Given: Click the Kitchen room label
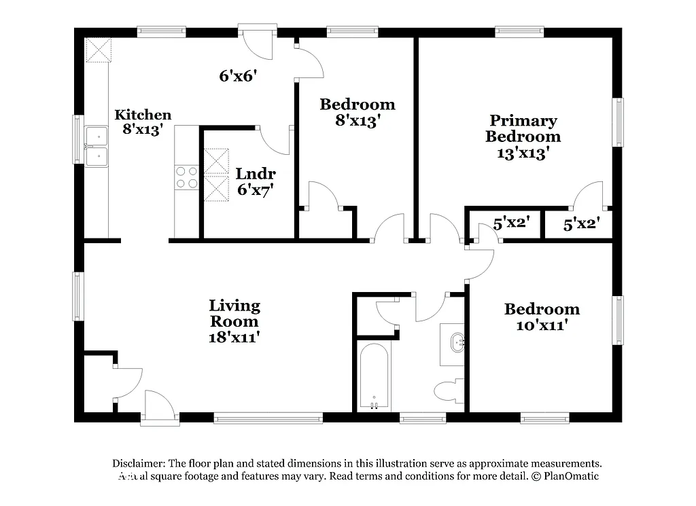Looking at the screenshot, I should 143,115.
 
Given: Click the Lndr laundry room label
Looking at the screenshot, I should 256,174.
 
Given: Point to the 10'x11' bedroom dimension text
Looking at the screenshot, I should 541,325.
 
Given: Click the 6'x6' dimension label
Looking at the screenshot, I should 237,76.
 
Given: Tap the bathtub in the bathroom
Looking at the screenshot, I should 373,377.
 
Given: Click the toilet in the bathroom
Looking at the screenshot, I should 449,391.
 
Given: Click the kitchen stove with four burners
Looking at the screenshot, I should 187,177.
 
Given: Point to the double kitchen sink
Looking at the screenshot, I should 96,147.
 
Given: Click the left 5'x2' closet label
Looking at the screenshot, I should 511,223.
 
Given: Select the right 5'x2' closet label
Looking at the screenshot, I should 582,223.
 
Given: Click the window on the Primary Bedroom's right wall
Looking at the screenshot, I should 619,122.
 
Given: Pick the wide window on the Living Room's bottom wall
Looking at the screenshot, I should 268,418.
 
